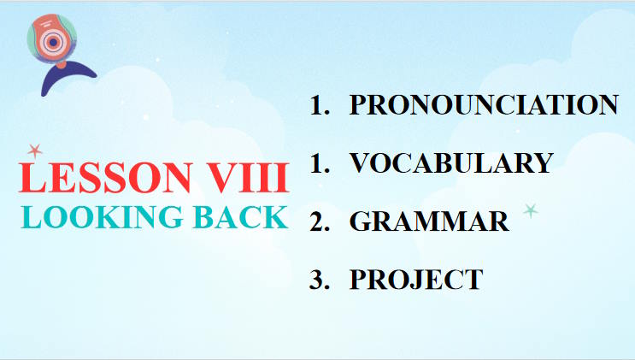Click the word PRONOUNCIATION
484,104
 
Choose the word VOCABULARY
451,162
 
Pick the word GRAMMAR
429,221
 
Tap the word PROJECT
416,280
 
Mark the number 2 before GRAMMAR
319,221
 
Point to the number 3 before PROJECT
319,280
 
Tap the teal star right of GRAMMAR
531,210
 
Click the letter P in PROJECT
359,280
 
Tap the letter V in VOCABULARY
362,162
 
